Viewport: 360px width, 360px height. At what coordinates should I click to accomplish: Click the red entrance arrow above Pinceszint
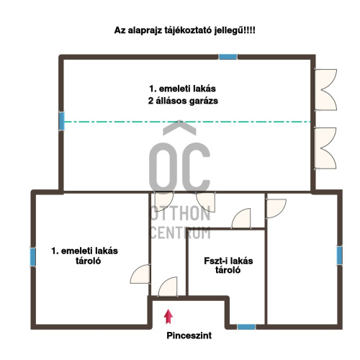(x=168, y=317)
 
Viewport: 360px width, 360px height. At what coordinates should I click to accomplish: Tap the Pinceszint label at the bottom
(x=189, y=336)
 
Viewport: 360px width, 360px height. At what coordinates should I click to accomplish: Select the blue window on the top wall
(x=228, y=57)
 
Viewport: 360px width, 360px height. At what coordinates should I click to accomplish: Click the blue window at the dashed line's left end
(x=62, y=121)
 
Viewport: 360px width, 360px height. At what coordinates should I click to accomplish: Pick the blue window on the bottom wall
(x=246, y=327)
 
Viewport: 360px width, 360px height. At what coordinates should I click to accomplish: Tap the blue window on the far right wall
(x=339, y=256)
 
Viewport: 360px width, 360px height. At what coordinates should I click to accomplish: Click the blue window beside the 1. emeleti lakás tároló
(x=33, y=257)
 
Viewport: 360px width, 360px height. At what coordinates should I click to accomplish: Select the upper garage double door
(x=325, y=90)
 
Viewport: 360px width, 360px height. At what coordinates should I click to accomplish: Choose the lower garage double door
(x=325, y=148)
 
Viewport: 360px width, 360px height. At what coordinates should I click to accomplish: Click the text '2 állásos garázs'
(x=183, y=101)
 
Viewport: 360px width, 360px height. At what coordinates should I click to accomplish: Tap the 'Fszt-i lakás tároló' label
(x=228, y=266)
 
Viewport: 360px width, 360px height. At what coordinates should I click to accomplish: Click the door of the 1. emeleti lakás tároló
(x=140, y=274)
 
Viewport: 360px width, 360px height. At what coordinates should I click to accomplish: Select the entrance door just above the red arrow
(x=168, y=287)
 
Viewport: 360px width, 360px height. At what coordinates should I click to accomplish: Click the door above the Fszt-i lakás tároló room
(x=241, y=218)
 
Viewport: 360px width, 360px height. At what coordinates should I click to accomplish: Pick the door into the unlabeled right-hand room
(x=276, y=208)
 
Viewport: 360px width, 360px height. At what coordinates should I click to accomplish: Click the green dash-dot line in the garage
(x=187, y=122)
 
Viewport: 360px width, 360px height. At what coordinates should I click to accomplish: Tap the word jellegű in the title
(x=229, y=31)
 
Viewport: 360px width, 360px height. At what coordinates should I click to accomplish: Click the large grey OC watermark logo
(x=179, y=156)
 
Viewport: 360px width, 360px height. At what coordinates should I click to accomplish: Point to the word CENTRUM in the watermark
(x=181, y=233)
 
